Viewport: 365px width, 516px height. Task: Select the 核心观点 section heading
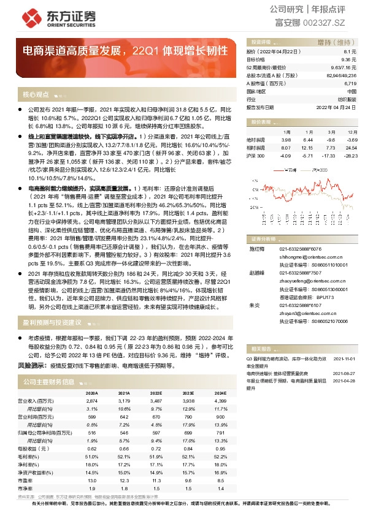click(x=35, y=94)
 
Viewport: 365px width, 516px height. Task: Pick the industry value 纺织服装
click(x=347, y=99)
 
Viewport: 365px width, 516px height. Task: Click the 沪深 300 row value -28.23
click(x=350, y=156)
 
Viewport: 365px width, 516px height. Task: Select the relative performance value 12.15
click(x=307, y=148)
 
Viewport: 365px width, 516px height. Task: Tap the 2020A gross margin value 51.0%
click(x=91, y=456)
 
